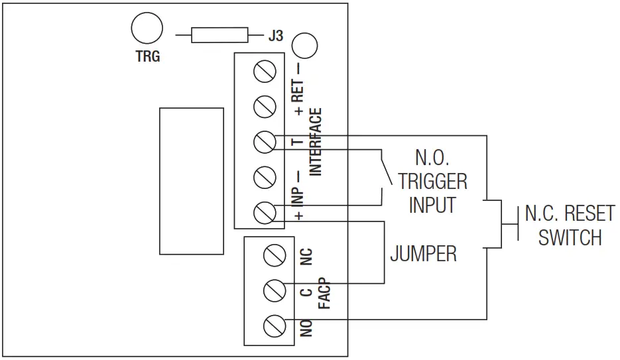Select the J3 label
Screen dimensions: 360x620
(x=275, y=36)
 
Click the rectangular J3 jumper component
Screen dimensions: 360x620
(x=219, y=35)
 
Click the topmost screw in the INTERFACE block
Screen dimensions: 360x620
(x=265, y=71)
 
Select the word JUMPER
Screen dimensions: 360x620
(x=423, y=253)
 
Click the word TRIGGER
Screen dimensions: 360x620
(x=432, y=182)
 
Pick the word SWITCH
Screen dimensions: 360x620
(x=570, y=237)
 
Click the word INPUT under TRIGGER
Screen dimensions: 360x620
(x=432, y=205)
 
